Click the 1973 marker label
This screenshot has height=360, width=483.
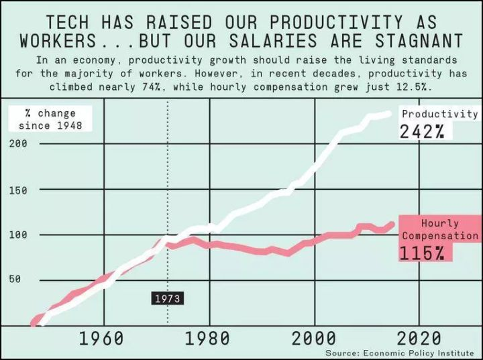tap(167, 298)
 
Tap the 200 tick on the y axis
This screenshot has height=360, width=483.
tap(18, 143)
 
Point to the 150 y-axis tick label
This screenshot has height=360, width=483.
tap(18, 190)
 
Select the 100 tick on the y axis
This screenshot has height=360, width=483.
tap(18, 235)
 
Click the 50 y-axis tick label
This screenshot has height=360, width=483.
tap(15, 280)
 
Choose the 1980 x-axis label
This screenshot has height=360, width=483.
tap(207, 338)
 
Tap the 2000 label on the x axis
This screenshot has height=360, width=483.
tap(313, 338)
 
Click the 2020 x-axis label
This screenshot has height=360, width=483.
tap(419, 338)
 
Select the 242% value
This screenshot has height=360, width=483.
tap(423, 131)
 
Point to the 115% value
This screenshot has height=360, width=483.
tap(423, 253)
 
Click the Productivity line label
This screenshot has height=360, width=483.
tap(439, 114)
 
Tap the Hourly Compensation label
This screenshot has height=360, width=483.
tap(440, 229)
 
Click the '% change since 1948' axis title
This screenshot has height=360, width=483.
tap(47, 119)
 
